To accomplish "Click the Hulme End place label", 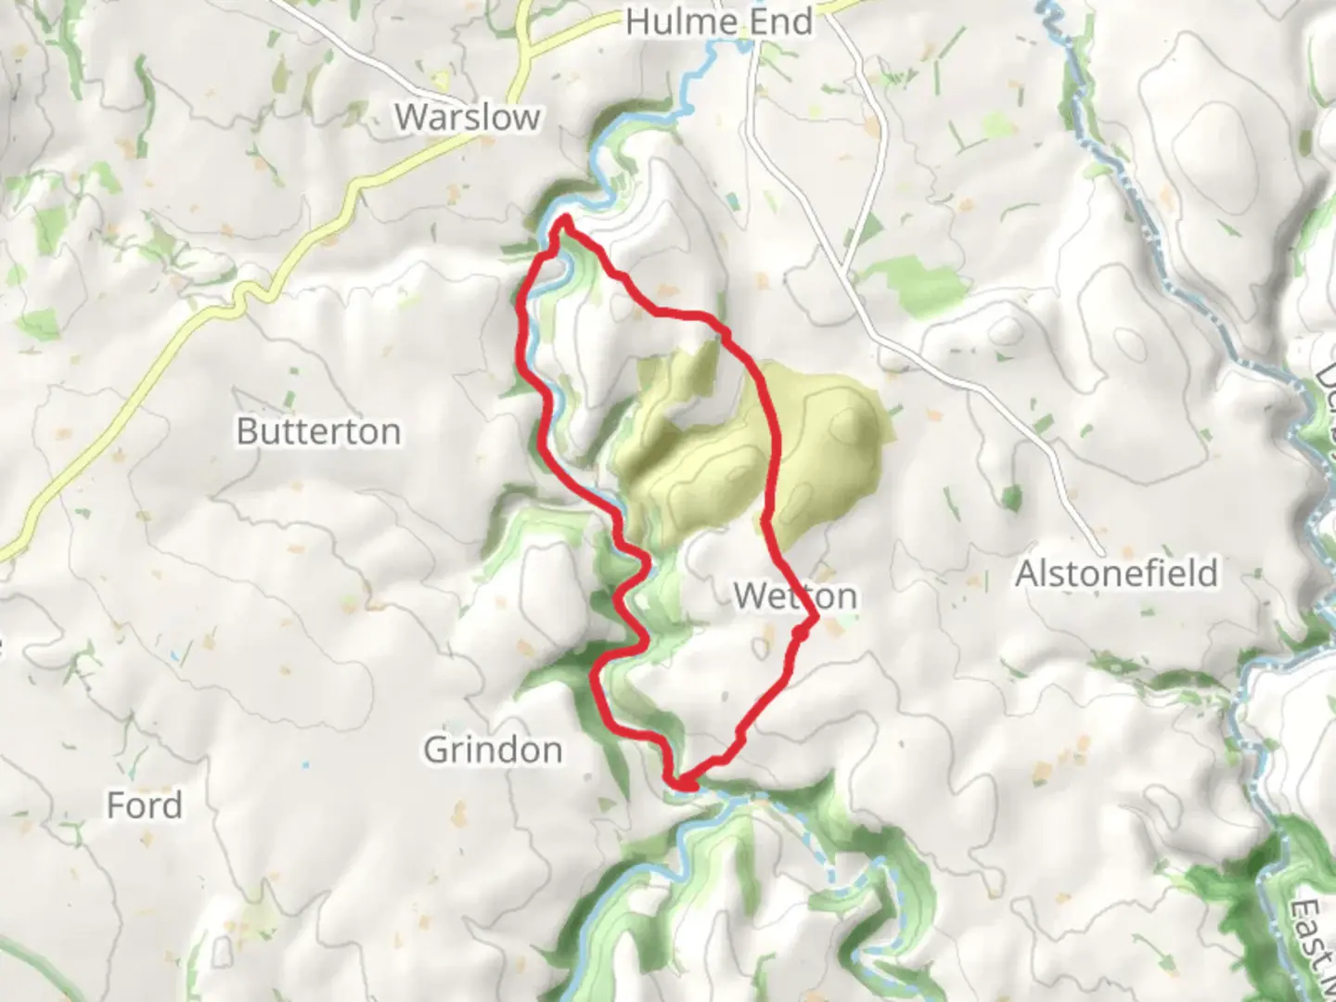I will (719, 21).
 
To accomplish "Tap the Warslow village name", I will (468, 117).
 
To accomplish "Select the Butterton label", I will (318, 431).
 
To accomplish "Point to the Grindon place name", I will (493, 750).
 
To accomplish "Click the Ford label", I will (144, 805).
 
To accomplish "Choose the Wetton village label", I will (795, 596).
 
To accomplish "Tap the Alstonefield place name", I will (1116, 574).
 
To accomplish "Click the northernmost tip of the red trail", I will (564, 219).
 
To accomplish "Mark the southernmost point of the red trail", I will (684, 788).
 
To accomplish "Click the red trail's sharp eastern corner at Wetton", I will (815, 616).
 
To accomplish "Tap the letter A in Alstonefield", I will (1027, 574).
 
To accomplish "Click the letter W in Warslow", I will (410, 117).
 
